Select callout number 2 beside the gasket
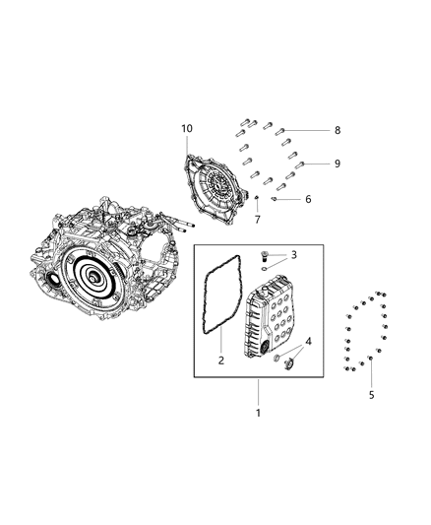pos(221,361)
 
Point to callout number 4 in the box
pos(312,341)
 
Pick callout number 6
pos(308,199)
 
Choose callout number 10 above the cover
pos(186,129)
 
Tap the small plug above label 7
pos(256,200)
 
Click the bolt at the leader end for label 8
pos(280,130)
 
